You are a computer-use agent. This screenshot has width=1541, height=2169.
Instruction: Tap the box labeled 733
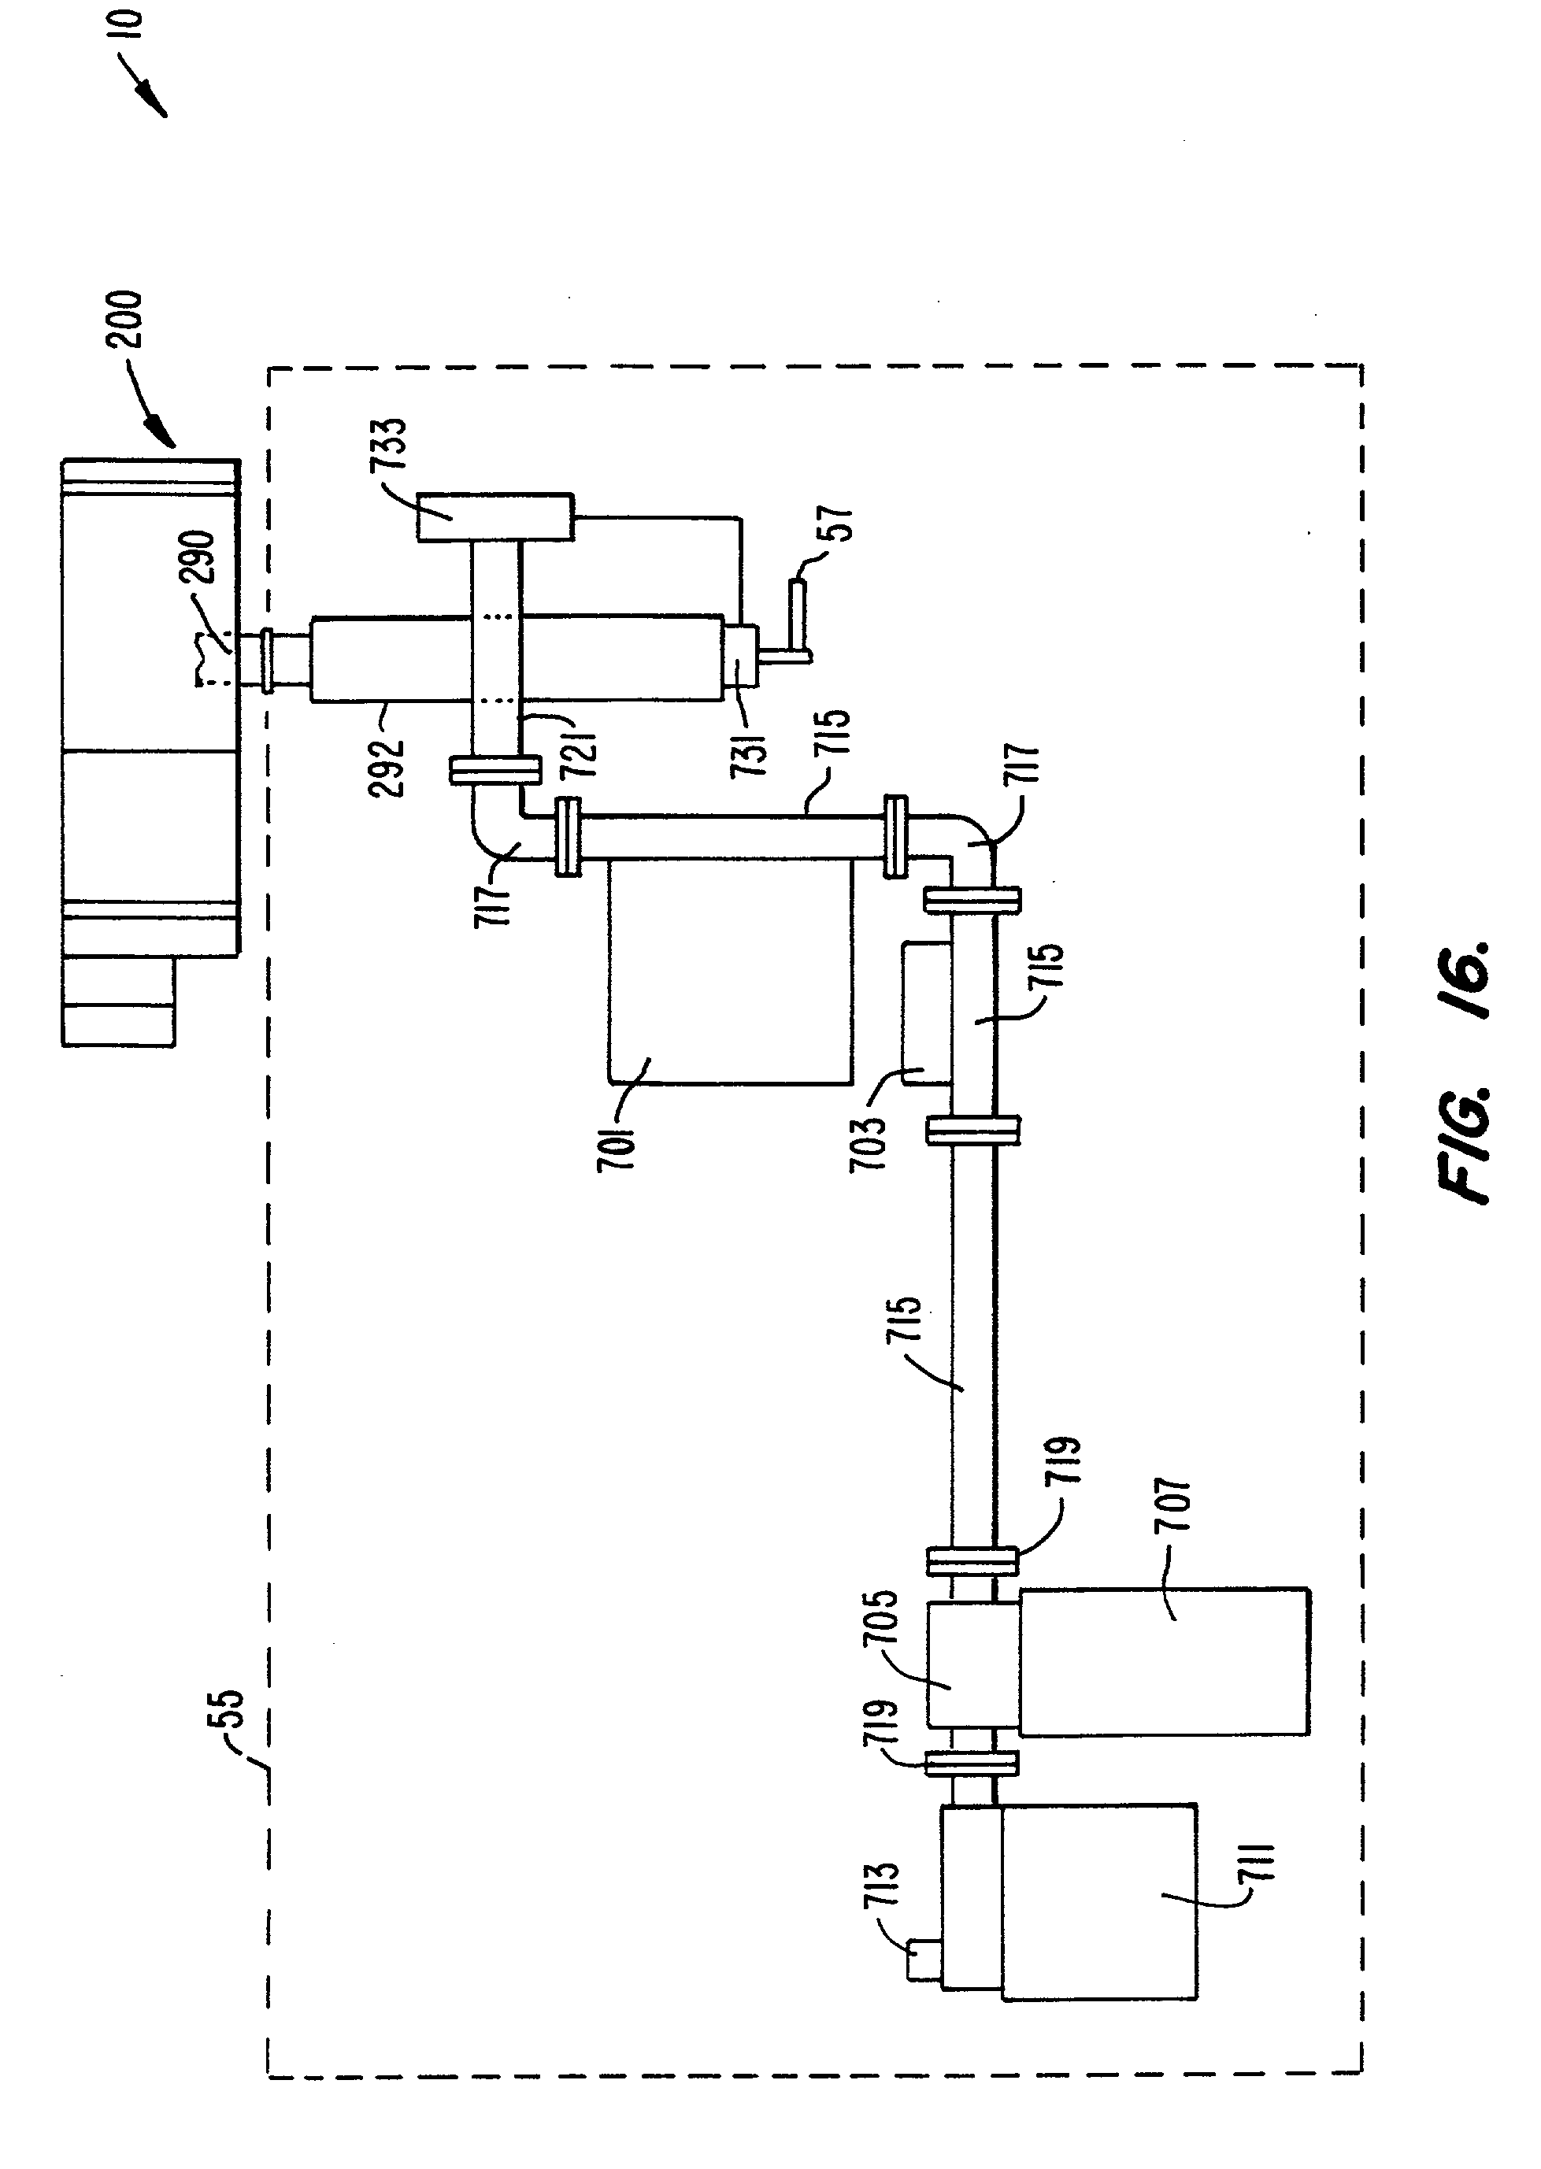click(x=495, y=517)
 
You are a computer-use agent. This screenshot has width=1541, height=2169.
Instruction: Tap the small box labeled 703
click(x=925, y=1012)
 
